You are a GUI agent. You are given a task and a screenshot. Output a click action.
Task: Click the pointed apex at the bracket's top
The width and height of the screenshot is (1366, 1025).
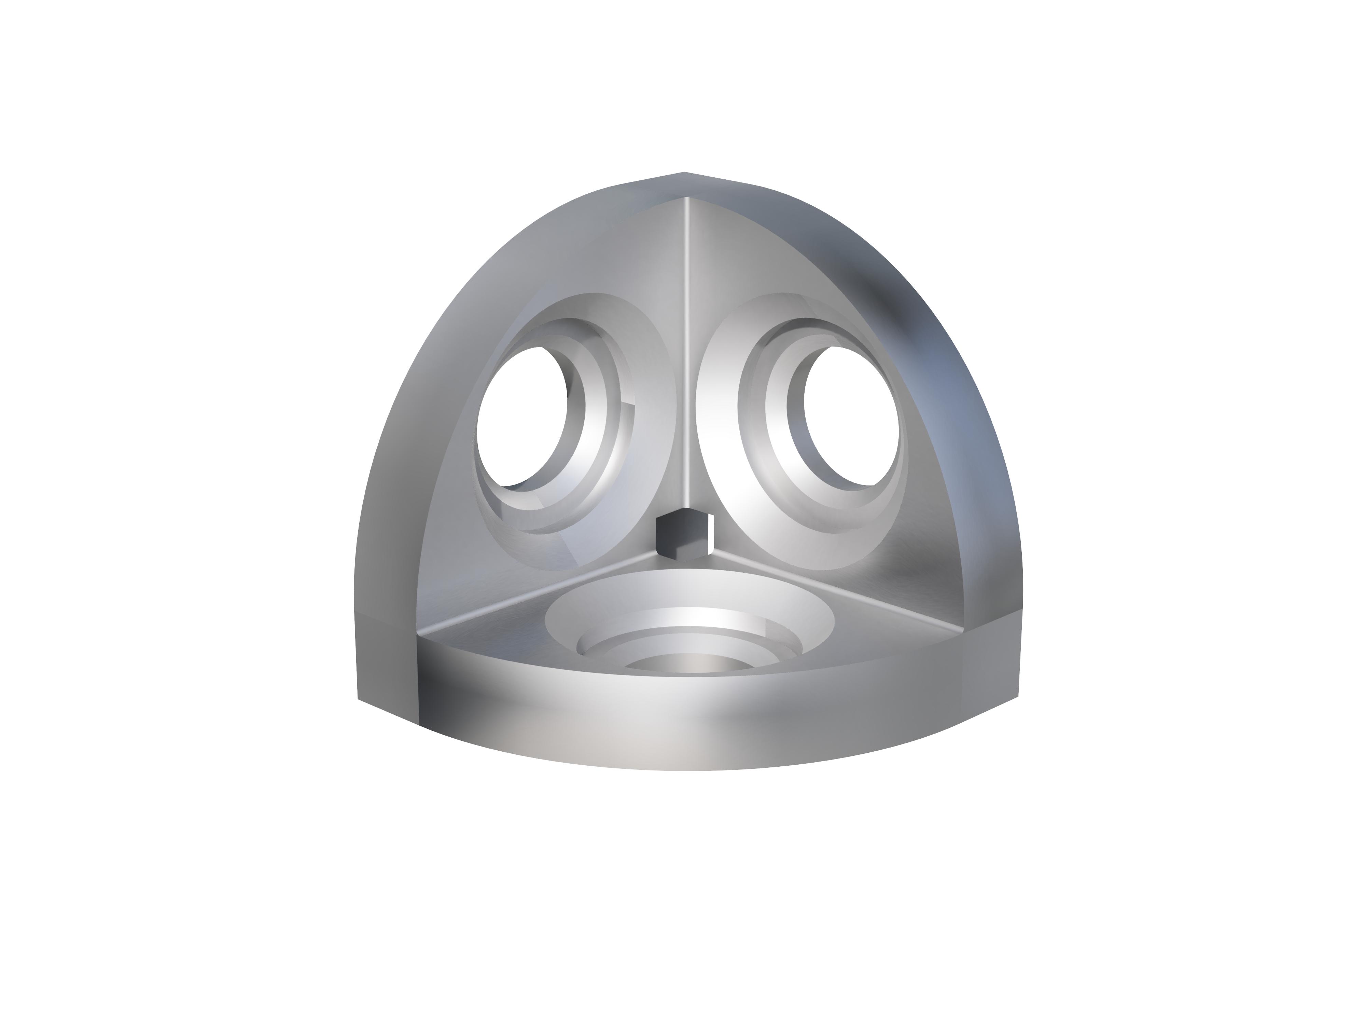tap(684, 173)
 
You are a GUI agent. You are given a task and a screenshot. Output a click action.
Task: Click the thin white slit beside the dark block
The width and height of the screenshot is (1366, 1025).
tap(712, 533)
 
